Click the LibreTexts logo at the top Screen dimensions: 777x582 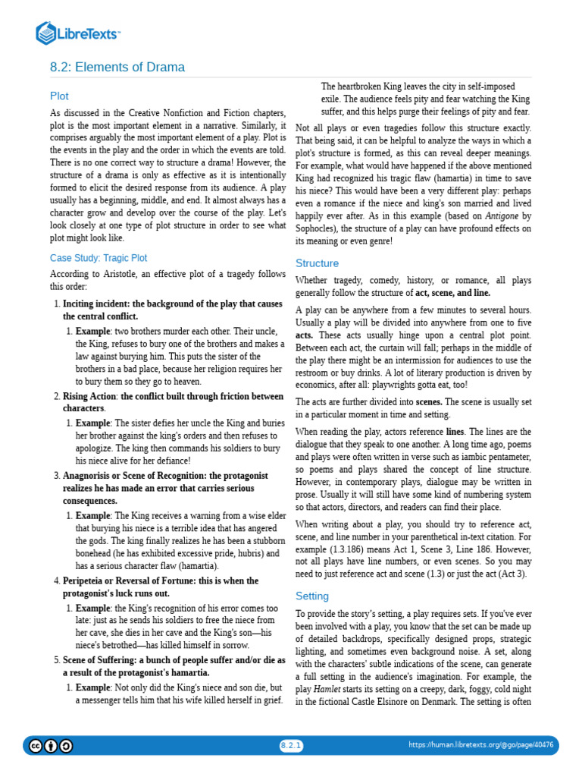point(78,33)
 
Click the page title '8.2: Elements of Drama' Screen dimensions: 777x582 point(117,68)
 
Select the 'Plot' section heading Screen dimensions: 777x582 point(59,96)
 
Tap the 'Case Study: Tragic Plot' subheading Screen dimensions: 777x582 point(99,258)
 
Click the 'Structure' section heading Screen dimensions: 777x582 point(317,263)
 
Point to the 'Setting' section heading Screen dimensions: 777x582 point(311,596)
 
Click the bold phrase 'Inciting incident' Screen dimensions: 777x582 point(96,304)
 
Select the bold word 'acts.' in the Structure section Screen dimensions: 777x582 point(304,335)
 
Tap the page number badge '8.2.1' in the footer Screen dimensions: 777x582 point(291,745)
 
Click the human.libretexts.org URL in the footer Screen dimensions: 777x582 point(480,745)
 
